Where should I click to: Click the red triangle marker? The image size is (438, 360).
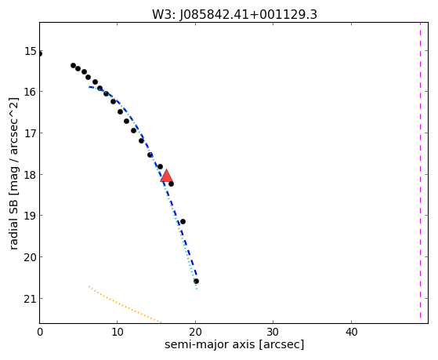tap(166, 176)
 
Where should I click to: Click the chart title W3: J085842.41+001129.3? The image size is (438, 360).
tap(234, 14)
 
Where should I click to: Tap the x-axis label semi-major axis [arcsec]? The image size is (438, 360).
tap(234, 344)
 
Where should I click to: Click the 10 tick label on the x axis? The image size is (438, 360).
tap(118, 333)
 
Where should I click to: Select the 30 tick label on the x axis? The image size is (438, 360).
tap(273, 333)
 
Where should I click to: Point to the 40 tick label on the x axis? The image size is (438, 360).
tap(351, 333)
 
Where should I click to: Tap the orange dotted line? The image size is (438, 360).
tap(125, 305)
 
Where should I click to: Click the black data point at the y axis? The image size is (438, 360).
tap(40, 53)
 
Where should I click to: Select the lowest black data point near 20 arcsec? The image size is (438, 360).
tap(196, 281)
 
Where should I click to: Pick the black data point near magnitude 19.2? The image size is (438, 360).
tap(183, 221)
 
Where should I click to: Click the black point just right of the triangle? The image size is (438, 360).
tap(171, 184)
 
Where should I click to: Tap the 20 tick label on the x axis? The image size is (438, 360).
tap(195, 333)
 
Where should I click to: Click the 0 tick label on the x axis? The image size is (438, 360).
tap(40, 333)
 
